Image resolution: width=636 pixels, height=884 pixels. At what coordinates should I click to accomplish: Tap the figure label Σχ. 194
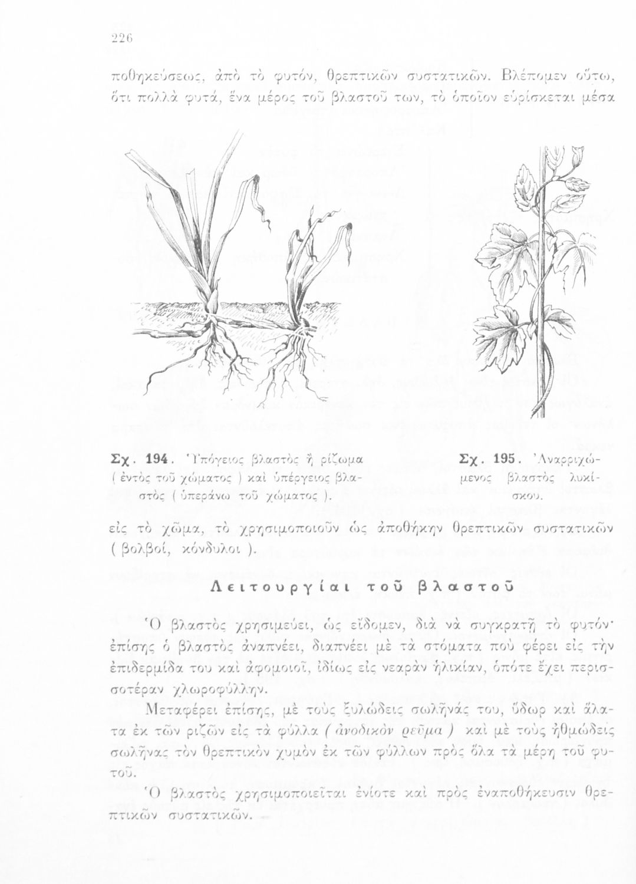tap(140, 457)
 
